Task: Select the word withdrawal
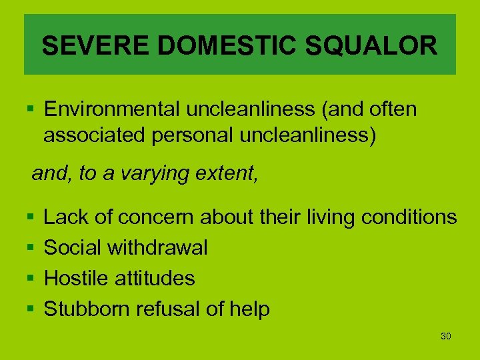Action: coord(157,248)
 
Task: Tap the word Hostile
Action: coord(77,278)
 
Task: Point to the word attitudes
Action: coord(155,278)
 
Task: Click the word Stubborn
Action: coord(87,309)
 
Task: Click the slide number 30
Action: coord(446,336)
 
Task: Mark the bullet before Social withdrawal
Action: coord(31,249)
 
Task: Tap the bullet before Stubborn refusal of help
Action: coord(31,309)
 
